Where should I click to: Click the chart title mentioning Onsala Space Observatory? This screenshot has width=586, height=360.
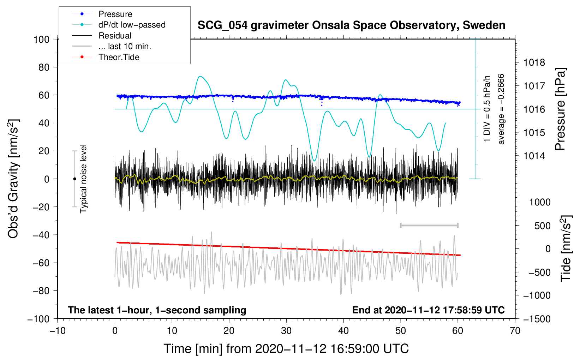tap(351, 25)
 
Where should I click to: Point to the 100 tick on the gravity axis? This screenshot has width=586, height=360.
tap(41, 39)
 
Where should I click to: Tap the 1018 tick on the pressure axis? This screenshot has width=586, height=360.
tap(534, 63)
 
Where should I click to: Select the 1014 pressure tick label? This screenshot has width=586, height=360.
tap(534, 156)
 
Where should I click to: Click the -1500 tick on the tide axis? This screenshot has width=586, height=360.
tap(537, 319)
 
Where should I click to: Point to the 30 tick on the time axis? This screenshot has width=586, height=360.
tap(286, 331)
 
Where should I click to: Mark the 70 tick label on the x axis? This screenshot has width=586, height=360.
tap(515, 331)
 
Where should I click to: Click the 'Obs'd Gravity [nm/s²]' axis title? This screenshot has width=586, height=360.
tap(13, 179)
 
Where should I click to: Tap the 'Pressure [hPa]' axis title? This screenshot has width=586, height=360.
tap(560, 109)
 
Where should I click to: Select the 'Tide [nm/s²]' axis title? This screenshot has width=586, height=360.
tap(566, 248)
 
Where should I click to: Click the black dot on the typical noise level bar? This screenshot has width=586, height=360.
tap(74, 179)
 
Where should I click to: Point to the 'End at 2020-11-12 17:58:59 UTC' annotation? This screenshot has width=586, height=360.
tap(428, 310)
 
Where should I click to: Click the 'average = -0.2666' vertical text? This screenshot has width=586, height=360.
tap(501, 109)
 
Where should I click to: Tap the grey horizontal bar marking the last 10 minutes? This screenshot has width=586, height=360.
tap(429, 225)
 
